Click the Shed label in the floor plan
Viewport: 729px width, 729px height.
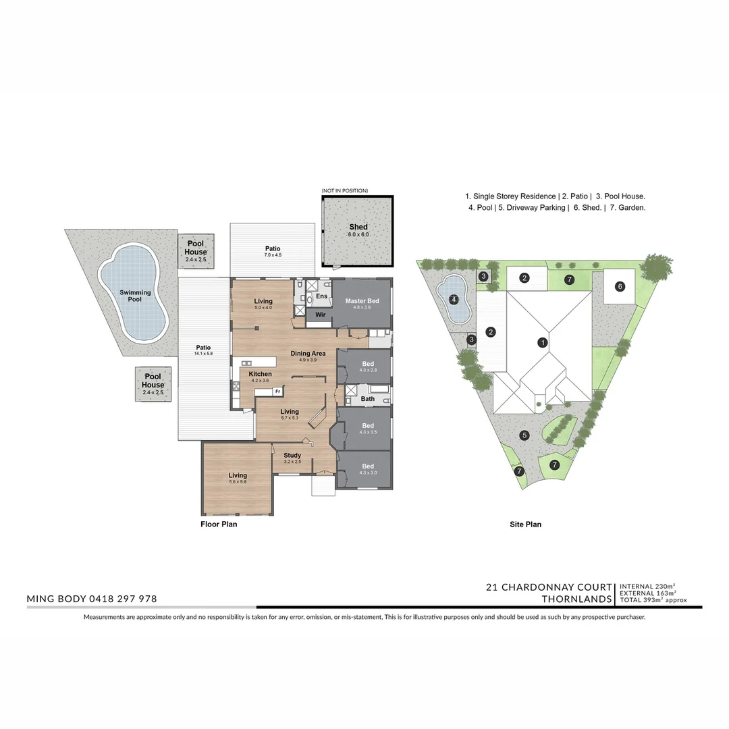(x=358, y=227)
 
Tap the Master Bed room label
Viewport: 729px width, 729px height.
(x=362, y=301)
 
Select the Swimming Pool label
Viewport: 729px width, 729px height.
(x=135, y=296)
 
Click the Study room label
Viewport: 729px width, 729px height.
(x=292, y=456)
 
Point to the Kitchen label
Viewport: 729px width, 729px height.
(x=260, y=374)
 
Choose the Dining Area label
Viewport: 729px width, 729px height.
(x=308, y=353)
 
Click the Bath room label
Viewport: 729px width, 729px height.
(x=367, y=399)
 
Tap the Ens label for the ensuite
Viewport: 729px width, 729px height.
(x=321, y=296)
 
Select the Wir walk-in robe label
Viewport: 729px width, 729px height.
(x=320, y=315)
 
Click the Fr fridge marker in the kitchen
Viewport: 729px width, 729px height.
(x=277, y=391)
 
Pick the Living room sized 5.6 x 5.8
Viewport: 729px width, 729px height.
(x=238, y=476)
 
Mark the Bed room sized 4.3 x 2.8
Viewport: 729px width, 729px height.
(x=367, y=364)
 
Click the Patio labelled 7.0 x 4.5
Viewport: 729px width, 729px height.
(x=272, y=249)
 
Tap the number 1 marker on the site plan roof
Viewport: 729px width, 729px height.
(x=542, y=343)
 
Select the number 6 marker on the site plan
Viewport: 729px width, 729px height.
(x=620, y=286)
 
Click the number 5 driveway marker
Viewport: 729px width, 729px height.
(x=524, y=435)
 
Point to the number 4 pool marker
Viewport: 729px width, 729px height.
(x=454, y=299)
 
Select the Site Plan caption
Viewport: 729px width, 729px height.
(x=525, y=524)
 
